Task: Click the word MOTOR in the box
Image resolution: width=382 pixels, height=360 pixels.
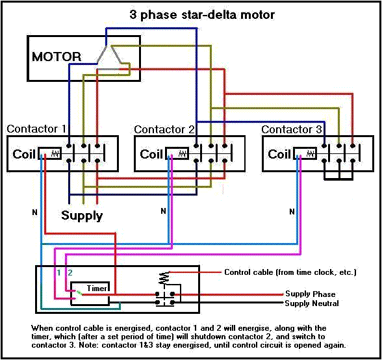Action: [57, 57]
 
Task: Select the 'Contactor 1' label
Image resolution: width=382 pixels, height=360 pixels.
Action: [36, 129]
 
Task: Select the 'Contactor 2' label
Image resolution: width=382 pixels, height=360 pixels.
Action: [164, 129]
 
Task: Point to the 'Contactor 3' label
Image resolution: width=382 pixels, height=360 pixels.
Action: [292, 129]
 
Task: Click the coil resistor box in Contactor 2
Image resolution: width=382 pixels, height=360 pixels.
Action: [177, 154]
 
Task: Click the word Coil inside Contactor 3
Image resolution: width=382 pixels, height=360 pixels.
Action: [279, 154]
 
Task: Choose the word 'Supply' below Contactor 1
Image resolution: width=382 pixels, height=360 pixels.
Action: [82, 215]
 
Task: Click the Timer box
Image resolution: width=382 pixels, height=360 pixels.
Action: [90, 287]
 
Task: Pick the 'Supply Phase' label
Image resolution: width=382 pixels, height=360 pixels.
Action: [311, 294]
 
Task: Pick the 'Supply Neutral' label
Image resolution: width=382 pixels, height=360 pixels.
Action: [312, 303]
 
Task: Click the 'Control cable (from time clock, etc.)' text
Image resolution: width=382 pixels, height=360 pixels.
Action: [290, 272]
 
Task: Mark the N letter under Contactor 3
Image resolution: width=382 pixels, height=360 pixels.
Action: [291, 211]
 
